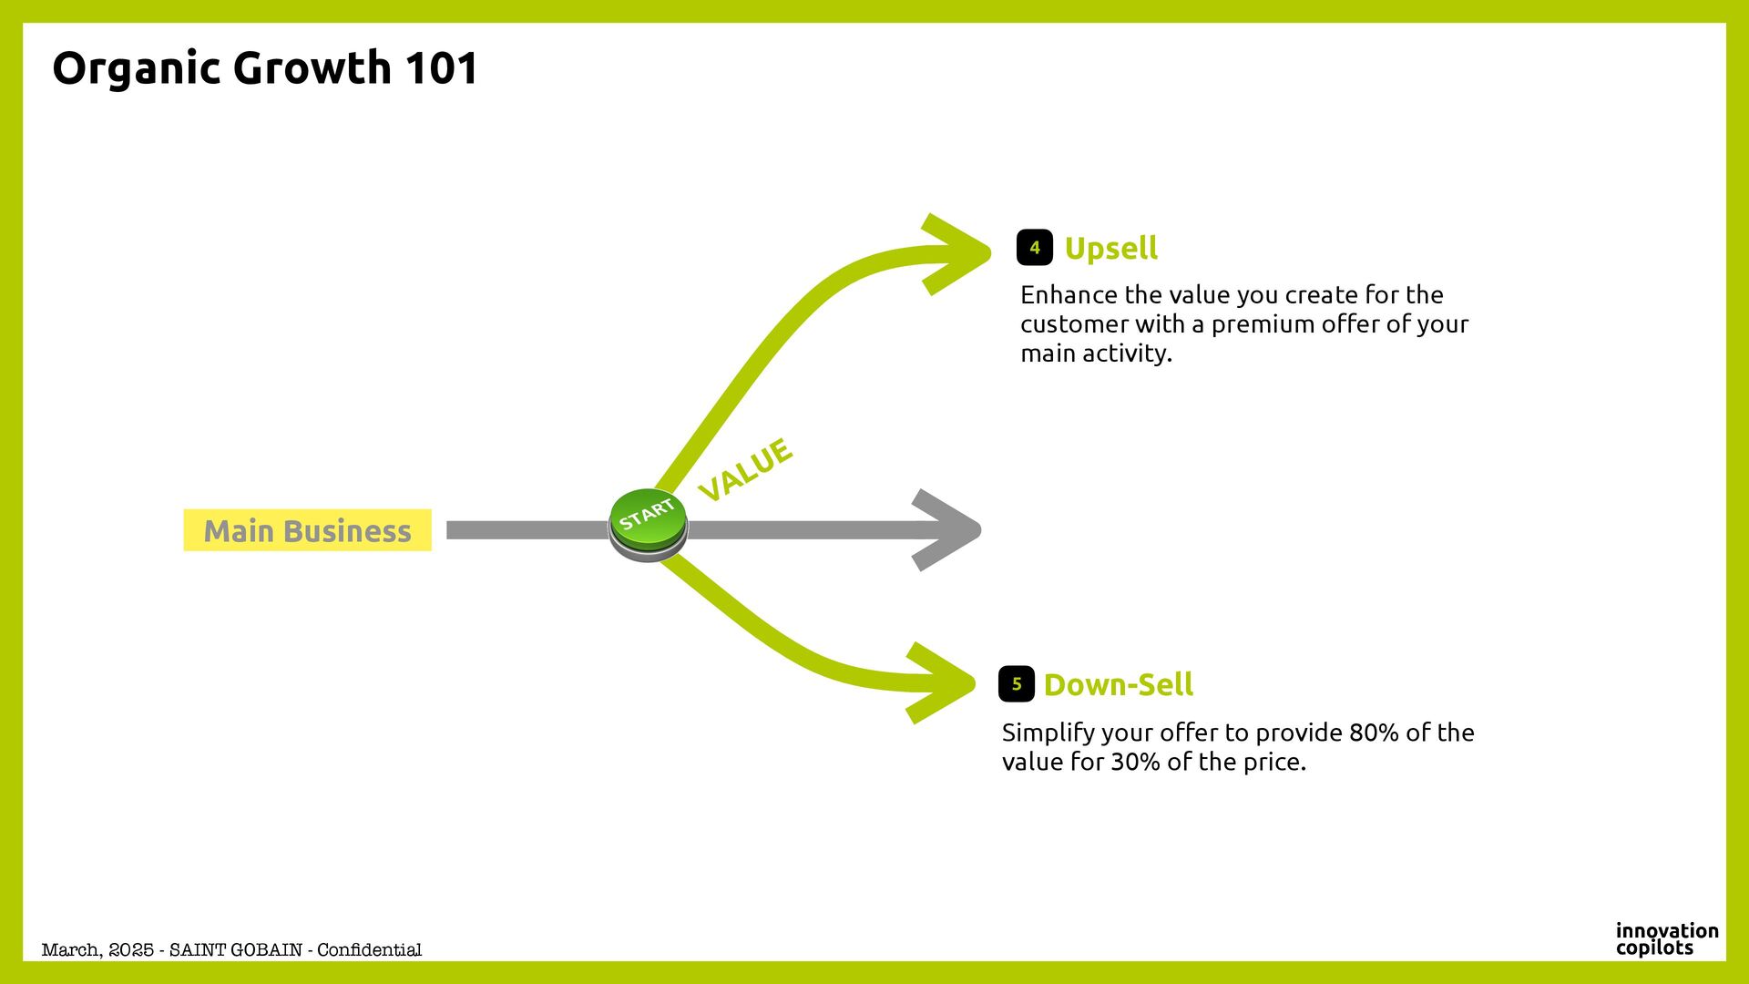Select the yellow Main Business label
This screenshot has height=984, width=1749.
click(x=307, y=530)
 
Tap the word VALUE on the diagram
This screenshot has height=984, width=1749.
click(x=745, y=469)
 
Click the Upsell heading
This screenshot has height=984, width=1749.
click(x=1110, y=248)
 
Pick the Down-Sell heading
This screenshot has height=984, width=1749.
click(x=1118, y=684)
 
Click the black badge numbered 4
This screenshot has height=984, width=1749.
click(x=1034, y=248)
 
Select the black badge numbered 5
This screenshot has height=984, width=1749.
click(x=1016, y=684)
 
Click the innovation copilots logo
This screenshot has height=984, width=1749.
click(x=1666, y=939)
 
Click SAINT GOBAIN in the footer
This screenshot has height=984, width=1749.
click(x=236, y=950)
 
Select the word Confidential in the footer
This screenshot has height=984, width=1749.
click(x=369, y=950)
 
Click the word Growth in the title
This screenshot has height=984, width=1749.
click(x=312, y=68)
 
